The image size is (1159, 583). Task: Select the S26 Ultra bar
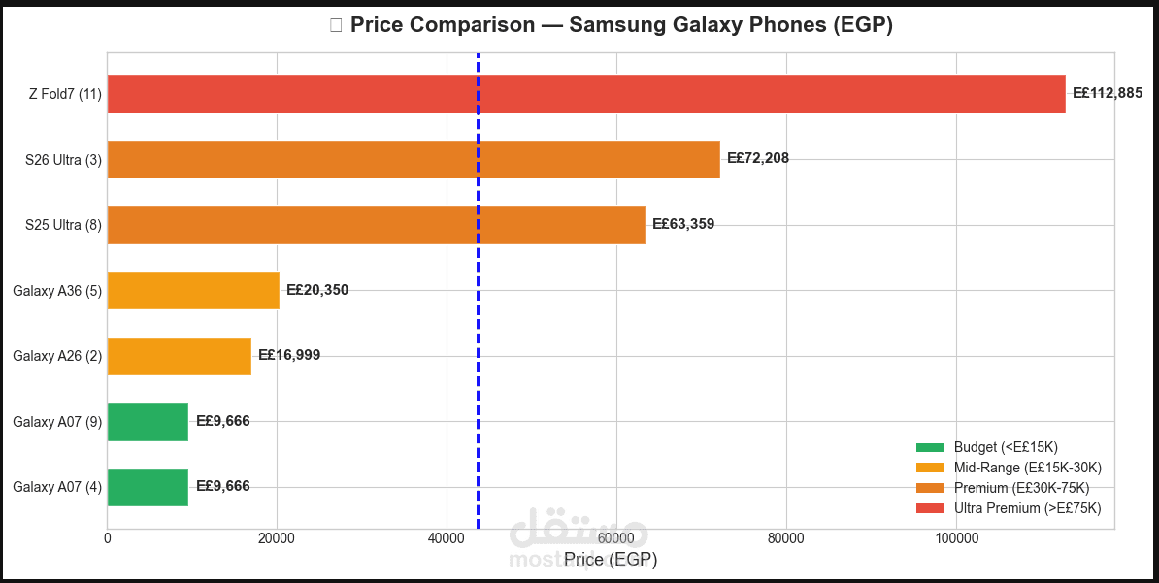point(414,159)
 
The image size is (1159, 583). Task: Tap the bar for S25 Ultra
point(376,225)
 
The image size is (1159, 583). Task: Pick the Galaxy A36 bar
point(193,290)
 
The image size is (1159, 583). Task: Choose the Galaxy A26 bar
point(179,356)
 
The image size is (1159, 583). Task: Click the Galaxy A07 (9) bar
point(148,421)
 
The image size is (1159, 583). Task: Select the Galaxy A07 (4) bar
point(148,487)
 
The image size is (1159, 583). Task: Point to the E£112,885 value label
point(1107,94)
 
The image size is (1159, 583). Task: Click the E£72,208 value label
point(758,159)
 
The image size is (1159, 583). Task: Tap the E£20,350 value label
point(317,290)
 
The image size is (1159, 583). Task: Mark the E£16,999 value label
point(289,356)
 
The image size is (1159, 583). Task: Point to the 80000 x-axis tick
point(785,538)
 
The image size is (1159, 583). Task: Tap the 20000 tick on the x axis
point(277,538)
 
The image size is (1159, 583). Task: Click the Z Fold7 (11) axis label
point(64,94)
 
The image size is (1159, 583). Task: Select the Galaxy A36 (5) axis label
point(56,290)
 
